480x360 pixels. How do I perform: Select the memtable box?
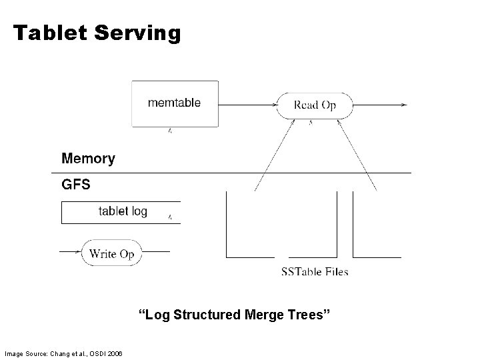coord(175,103)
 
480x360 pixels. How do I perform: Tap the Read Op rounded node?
coord(315,105)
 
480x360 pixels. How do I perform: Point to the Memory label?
coord(88,159)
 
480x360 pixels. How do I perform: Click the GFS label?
coord(75,185)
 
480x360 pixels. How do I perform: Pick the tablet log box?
coord(121,212)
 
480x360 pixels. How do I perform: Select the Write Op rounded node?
coord(111,253)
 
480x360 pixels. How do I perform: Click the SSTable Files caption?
coord(315,271)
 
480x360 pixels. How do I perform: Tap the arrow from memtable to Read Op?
coord(247,104)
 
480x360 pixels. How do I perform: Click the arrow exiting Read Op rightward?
coord(380,105)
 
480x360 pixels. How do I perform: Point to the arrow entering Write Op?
coord(69,253)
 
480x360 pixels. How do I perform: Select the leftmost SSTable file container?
coord(251,227)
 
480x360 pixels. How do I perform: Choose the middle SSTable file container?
coord(313,227)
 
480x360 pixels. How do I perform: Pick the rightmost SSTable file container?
coord(377,227)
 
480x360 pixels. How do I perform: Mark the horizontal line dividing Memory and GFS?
coord(233,173)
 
